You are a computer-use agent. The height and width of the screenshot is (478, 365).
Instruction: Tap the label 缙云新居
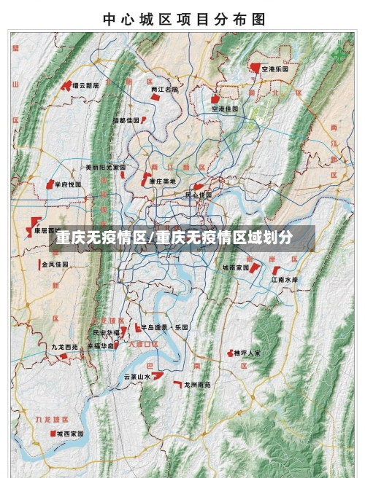coord(85,85)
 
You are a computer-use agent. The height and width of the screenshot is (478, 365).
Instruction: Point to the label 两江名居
coord(164,90)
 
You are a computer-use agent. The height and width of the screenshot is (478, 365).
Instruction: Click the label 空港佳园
coord(226,109)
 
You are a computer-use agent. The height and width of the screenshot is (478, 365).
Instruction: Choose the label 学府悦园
coord(69,185)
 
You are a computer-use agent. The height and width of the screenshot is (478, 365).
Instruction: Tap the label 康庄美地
coord(163,181)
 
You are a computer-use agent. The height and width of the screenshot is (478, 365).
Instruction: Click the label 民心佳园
coord(198,195)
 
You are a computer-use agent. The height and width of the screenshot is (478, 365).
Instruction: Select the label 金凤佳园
coord(55,264)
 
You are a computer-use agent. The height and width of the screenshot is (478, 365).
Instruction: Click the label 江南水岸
coord(285,279)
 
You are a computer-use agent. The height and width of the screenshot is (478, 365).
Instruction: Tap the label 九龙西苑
coord(64,348)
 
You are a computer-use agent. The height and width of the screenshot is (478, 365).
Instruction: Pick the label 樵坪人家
coord(247,353)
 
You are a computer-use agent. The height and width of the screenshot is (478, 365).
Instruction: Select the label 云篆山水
coord(137,377)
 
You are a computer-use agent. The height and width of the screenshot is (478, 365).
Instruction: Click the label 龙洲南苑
coord(197,384)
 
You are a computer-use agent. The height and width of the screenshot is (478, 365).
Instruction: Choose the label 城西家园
coord(70,433)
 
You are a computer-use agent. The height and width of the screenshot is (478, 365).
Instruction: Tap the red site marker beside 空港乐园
coord(255,68)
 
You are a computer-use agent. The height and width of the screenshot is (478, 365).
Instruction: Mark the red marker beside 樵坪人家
coord(228,353)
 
